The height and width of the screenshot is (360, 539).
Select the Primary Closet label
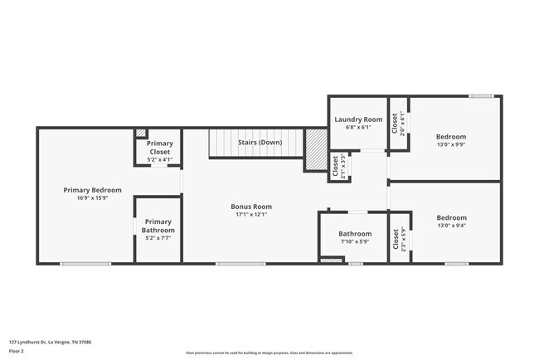[159, 149]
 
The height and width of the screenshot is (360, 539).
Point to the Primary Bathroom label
[158, 226]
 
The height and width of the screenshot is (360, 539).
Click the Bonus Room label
[251, 207]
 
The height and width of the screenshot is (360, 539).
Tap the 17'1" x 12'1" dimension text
[251, 214]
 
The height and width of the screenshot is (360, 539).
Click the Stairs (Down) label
[260, 143]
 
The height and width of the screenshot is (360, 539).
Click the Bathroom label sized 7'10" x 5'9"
[355, 234]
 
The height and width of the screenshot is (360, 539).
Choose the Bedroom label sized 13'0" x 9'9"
[451, 137]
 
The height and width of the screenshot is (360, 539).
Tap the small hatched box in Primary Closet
[141, 133]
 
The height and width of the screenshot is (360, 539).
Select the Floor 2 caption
[17, 352]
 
